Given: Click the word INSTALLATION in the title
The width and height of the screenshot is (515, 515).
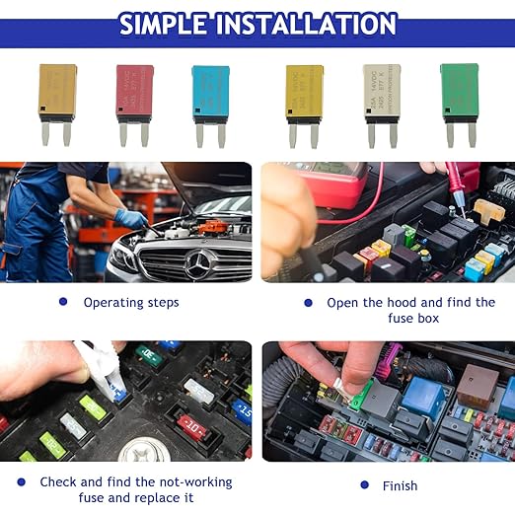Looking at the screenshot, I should click(x=314, y=23).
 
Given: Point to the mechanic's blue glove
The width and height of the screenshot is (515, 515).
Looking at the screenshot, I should click(x=131, y=218).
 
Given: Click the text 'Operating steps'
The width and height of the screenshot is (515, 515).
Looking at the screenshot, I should click(x=131, y=303).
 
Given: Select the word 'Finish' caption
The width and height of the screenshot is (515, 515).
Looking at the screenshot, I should click(x=400, y=485).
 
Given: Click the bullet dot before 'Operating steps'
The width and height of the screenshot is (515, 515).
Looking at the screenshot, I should click(x=63, y=302).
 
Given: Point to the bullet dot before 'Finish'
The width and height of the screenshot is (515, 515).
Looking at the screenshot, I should click(x=362, y=484).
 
